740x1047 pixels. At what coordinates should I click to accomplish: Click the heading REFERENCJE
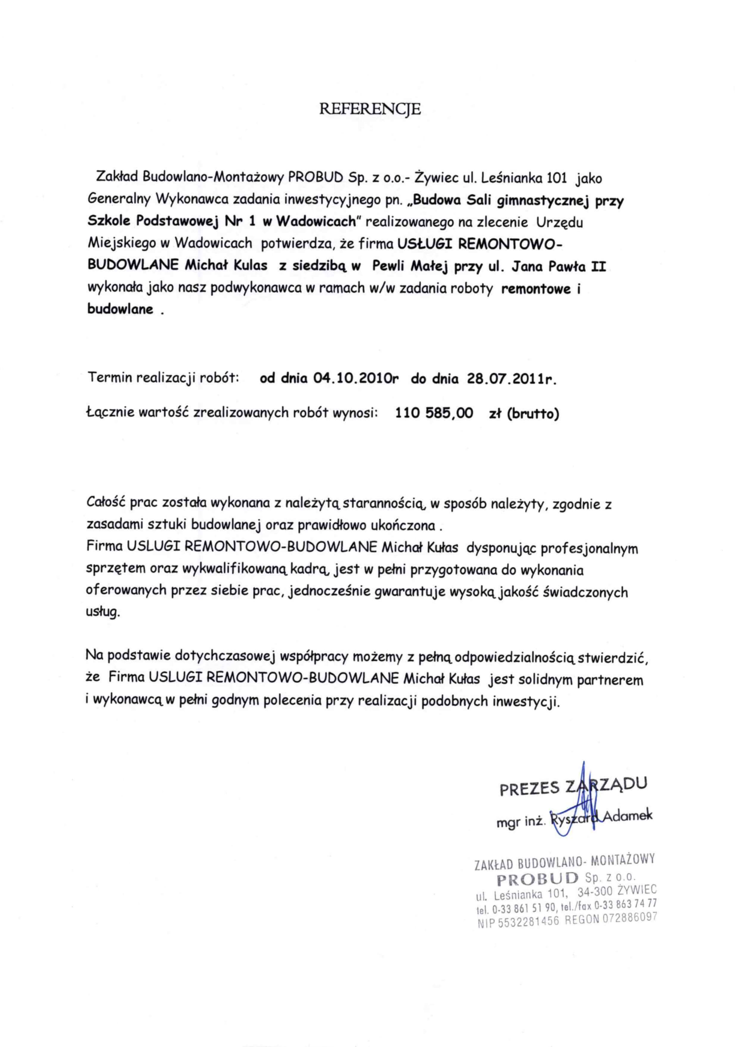pyautogui.click(x=370, y=109)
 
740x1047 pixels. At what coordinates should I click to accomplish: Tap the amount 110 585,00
pyautogui.click(x=434, y=413)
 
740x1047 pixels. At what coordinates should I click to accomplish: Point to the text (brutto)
pyautogui.click(x=533, y=414)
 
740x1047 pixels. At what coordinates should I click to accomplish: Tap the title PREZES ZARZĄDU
pyautogui.click(x=573, y=787)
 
